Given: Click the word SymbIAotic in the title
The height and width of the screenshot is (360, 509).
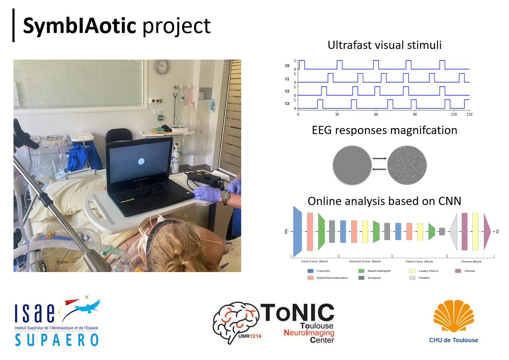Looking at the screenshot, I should pyautogui.click(x=79, y=26).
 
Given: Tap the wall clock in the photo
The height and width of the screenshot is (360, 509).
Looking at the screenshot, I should pyautogui.click(x=162, y=66).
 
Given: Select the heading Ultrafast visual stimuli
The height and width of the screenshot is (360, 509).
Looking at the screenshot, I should pyautogui.click(x=384, y=45).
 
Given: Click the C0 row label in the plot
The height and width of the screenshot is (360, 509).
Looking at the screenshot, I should pyautogui.click(x=287, y=66).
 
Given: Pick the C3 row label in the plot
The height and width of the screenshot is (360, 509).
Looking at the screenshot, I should pyautogui.click(x=287, y=104).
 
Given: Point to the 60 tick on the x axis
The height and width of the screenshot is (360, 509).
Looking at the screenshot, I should pyautogui.click(x=376, y=114).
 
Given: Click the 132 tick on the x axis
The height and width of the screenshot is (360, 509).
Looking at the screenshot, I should pyautogui.click(x=469, y=114).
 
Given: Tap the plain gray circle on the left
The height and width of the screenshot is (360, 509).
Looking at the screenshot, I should pyautogui.click(x=352, y=165).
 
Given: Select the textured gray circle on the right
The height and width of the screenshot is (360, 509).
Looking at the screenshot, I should pyautogui.click(x=406, y=165).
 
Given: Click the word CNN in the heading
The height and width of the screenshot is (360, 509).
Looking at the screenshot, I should pyautogui.click(x=449, y=201).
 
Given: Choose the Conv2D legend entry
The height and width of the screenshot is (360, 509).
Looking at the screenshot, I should pyautogui.click(x=323, y=271).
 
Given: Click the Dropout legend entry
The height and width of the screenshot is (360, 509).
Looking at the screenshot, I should pyautogui.click(x=374, y=278).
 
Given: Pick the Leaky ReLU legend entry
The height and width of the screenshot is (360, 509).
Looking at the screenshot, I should pyautogui.click(x=428, y=271).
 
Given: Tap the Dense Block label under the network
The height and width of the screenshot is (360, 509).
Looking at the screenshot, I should pyautogui.click(x=471, y=261).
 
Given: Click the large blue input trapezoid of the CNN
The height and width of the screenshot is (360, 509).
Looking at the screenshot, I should pyautogui.click(x=297, y=232).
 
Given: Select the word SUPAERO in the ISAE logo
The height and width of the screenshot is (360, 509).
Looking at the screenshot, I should pyautogui.click(x=57, y=340).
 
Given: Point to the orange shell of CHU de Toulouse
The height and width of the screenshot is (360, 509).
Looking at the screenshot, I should pyautogui.click(x=454, y=316).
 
